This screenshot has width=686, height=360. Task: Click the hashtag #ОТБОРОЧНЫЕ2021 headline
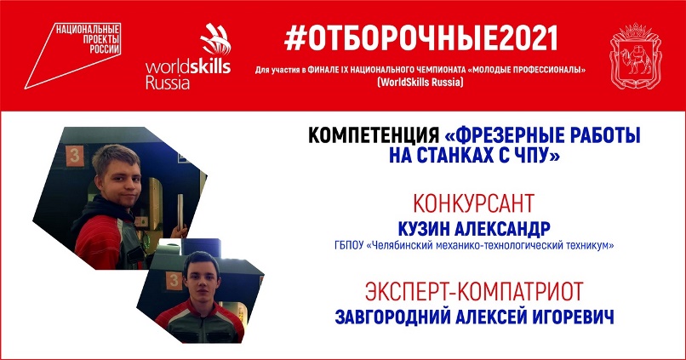point(420,38)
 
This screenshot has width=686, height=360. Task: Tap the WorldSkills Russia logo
point(188,56)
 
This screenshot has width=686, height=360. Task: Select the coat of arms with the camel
point(636,55)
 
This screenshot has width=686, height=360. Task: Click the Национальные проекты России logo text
point(88,39)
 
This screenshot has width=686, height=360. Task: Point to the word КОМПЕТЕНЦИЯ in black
point(374,135)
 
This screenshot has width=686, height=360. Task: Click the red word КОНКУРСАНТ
point(474,203)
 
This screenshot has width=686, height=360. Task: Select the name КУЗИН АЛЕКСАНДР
point(474,228)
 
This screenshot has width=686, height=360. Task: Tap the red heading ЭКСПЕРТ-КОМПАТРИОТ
point(474,291)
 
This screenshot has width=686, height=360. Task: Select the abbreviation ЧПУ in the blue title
point(529,155)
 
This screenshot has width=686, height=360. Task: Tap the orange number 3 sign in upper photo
point(75,156)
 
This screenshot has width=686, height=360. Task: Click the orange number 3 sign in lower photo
point(174,281)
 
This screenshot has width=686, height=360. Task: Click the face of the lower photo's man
point(202,279)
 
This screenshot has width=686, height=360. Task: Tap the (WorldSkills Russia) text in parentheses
point(420,83)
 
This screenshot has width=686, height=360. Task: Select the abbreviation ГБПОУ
point(349,245)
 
